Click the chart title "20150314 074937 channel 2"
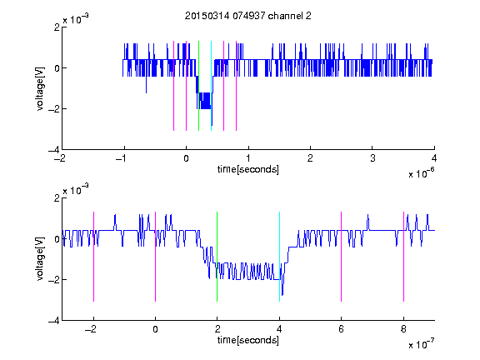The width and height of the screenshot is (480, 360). click(x=248, y=16)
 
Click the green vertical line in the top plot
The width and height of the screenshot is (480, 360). click(x=198, y=86)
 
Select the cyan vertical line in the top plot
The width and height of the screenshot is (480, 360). click(x=211, y=86)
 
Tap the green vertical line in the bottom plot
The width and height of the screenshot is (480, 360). click(x=217, y=257)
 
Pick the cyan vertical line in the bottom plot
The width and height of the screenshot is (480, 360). click(x=279, y=257)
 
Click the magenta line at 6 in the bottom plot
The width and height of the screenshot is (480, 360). click(x=342, y=257)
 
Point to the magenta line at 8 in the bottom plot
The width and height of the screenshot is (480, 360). click(x=403, y=257)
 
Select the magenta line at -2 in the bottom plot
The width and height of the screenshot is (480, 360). click(x=93, y=257)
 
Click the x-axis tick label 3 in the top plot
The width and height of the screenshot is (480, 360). click(x=372, y=158)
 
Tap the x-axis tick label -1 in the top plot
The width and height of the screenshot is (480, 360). click(x=122, y=158)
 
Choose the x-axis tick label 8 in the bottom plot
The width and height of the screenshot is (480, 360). click(x=403, y=329)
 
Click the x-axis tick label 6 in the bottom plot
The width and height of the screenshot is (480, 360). click(x=342, y=329)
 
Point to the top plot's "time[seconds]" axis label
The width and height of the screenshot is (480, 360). click(x=248, y=169)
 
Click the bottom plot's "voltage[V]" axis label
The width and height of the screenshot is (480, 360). click(x=40, y=258)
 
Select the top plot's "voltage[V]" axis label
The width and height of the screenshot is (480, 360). click(x=40, y=88)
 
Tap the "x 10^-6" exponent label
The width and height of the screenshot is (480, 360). click(x=421, y=173)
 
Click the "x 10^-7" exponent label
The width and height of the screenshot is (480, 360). click(x=421, y=344)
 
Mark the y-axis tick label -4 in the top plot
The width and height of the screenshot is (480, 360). click(x=54, y=150)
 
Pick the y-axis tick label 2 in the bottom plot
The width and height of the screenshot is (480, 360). click(x=57, y=198)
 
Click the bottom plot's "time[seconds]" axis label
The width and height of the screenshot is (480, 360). click(x=248, y=340)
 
